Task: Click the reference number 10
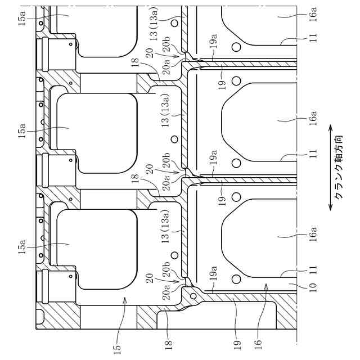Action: coord(313,287)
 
